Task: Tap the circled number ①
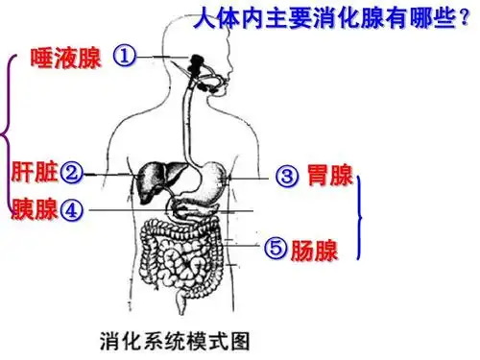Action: [124, 56]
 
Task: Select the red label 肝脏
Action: [34, 173]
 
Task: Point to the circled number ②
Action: [71, 174]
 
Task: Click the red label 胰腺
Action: [35, 209]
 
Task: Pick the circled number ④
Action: [72, 209]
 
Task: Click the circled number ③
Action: [288, 176]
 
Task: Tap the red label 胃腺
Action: [327, 176]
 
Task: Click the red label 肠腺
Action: [315, 251]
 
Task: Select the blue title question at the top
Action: [322, 18]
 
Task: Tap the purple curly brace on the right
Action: [362, 218]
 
